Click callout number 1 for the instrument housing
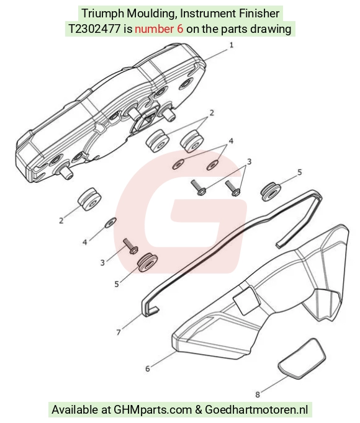[231, 45]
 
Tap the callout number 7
[119, 332]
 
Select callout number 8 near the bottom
[258, 394]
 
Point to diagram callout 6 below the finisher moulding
[148, 368]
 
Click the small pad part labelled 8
[302, 358]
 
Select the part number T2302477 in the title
[94, 29]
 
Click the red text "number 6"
[159, 29]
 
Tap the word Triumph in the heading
[103, 14]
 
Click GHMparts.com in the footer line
[153, 410]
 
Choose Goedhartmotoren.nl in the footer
[256, 410]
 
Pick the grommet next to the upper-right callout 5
[271, 192]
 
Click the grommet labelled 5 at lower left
[147, 262]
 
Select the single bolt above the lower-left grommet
[130, 246]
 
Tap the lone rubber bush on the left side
[89, 199]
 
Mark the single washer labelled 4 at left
[110, 222]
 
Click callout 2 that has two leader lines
[212, 113]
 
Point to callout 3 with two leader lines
[249, 162]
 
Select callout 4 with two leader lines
[231, 141]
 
